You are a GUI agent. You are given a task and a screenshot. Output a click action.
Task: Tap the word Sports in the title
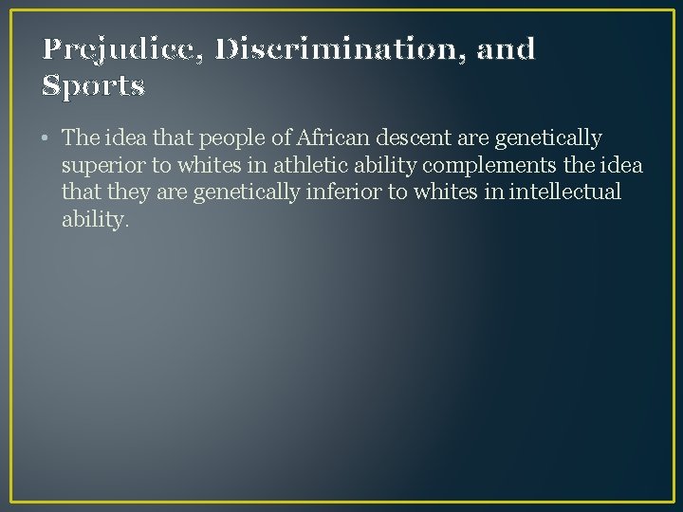(93, 86)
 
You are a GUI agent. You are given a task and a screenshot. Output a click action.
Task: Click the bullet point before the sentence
(46, 138)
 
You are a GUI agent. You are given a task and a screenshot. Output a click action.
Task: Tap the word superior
(102, 166)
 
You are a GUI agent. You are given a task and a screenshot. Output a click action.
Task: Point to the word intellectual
(564, 192)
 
